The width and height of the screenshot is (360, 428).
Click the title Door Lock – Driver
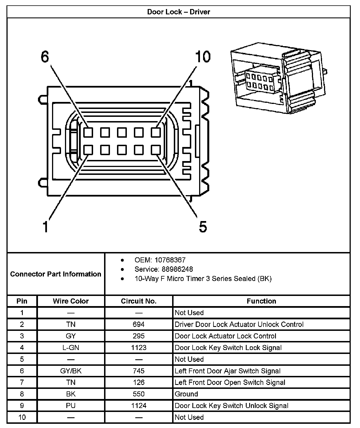coord(179,12)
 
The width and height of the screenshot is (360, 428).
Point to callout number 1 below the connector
coord(45,227)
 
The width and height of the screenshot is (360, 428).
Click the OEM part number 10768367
coord(170,260)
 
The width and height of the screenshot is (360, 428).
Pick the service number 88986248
coord(177,269)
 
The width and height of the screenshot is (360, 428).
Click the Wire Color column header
coord(71,301)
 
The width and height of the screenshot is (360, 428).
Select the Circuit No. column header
coord(139,301)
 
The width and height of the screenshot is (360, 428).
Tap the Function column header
coord(261,301)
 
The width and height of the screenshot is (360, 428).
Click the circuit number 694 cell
coord(139,324)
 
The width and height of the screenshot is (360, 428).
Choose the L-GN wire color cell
coord(71,347)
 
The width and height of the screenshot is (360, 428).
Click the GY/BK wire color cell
coord(71,371)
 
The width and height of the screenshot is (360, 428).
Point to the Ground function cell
coord(186,394)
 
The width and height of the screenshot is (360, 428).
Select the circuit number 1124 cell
coord(139,405)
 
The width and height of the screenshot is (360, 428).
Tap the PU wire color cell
coord(71,405)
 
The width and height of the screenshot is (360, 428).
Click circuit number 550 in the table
coord(139,394)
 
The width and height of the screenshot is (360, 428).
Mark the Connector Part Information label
coord(56,274)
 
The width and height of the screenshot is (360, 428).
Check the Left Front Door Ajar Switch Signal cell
coord(228,371)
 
